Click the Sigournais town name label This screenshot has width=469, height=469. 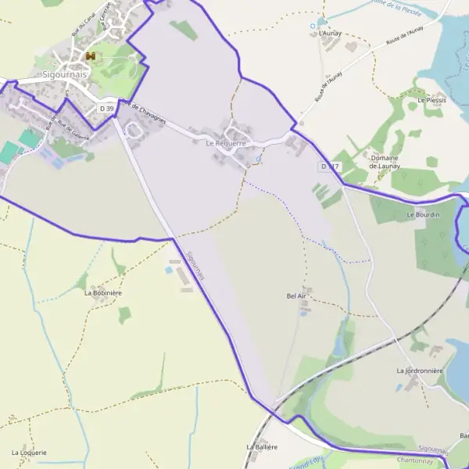point(65,76)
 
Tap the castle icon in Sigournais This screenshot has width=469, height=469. point(91,57)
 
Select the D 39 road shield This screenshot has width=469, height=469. point(107,108)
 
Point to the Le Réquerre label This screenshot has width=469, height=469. point(226,144)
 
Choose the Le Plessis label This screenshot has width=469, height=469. point(431,101)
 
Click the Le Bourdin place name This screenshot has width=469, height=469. point(423,214)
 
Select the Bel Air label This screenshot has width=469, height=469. point(297,296)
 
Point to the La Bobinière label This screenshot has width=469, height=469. point(103,292)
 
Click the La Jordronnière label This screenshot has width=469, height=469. point(420,371)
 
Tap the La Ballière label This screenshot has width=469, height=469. point(262,446)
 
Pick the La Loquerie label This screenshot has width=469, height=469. point(30,453)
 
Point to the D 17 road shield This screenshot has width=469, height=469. point(329,166)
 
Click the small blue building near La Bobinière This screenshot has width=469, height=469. point(169,270)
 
